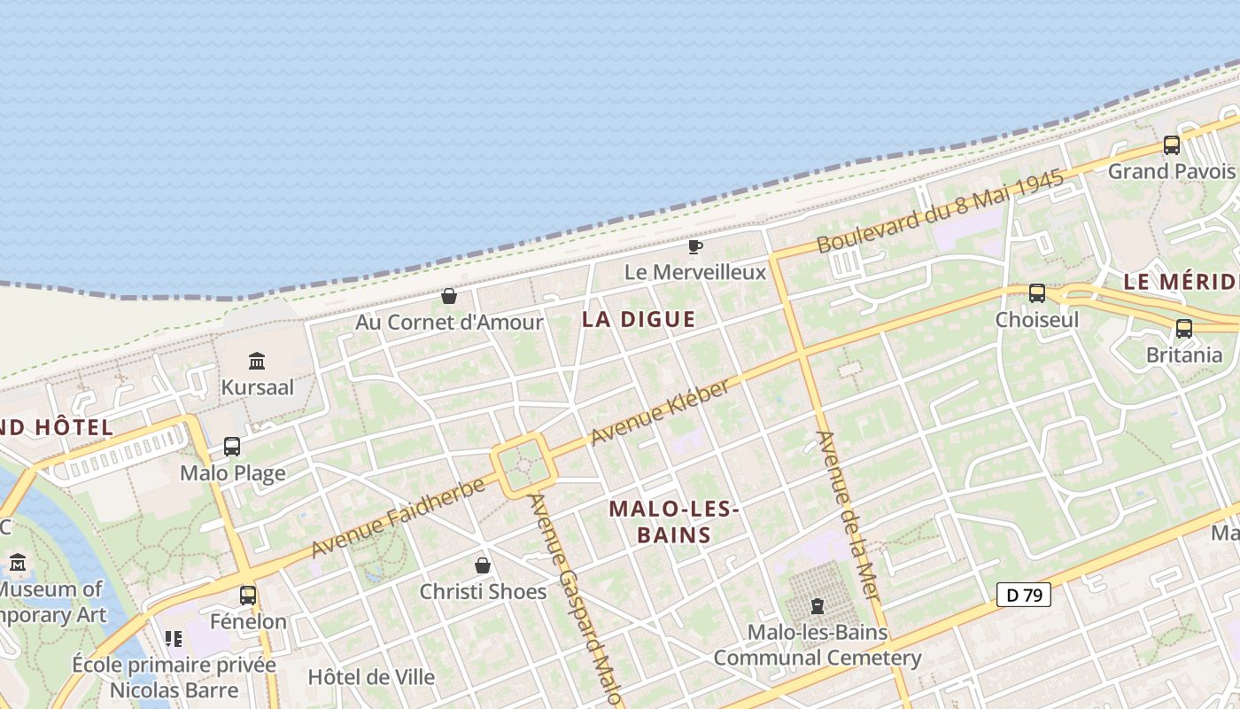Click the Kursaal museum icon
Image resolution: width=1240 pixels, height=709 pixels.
click(x=257, y=361)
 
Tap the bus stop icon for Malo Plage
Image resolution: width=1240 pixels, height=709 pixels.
click(x=232, y=447)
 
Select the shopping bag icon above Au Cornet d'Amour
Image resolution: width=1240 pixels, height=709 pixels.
click(x=449, y=295)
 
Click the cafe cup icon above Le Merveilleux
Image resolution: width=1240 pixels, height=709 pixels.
click(x=695, y=245)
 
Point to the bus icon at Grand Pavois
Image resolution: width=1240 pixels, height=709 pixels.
click(x=1172, y=145)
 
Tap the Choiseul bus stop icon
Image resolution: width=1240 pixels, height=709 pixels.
click(x=1037, y=293)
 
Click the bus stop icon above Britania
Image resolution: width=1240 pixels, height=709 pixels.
click(x=1184, y=329)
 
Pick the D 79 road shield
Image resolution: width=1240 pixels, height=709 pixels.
click(x=1024, y=595)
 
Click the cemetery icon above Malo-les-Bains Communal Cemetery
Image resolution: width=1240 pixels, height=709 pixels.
click(x=818, y=606)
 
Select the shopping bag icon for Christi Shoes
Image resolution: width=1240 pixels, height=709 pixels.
click(x=483, y=565)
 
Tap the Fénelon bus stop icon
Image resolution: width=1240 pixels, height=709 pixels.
click(x=248, y=596)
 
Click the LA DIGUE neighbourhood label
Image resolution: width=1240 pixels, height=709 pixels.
click(x=639, y=319)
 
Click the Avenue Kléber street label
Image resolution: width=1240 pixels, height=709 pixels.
click(x=661, y=412)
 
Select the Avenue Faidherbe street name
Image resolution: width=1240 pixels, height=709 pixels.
click(x=399, y=518)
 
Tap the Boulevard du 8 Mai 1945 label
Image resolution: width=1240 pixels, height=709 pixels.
click(x=940, y=212)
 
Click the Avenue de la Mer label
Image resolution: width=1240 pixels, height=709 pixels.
click(x=849, y=516)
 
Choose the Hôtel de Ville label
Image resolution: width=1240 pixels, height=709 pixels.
click(x=371, y=677)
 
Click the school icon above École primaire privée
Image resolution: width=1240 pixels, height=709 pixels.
click(x=174, y=639)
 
